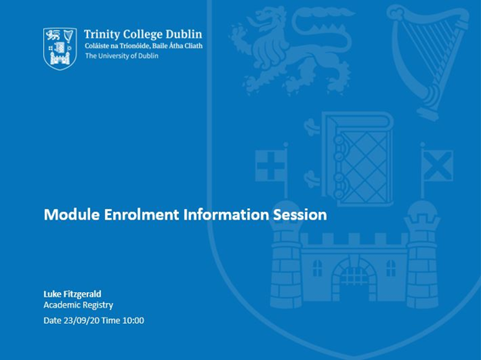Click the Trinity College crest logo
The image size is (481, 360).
click(59, 48)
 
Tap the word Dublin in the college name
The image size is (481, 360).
click(184, 34)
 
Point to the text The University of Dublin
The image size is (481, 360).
click(122, 56)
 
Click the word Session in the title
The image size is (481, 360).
click(300, 215)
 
